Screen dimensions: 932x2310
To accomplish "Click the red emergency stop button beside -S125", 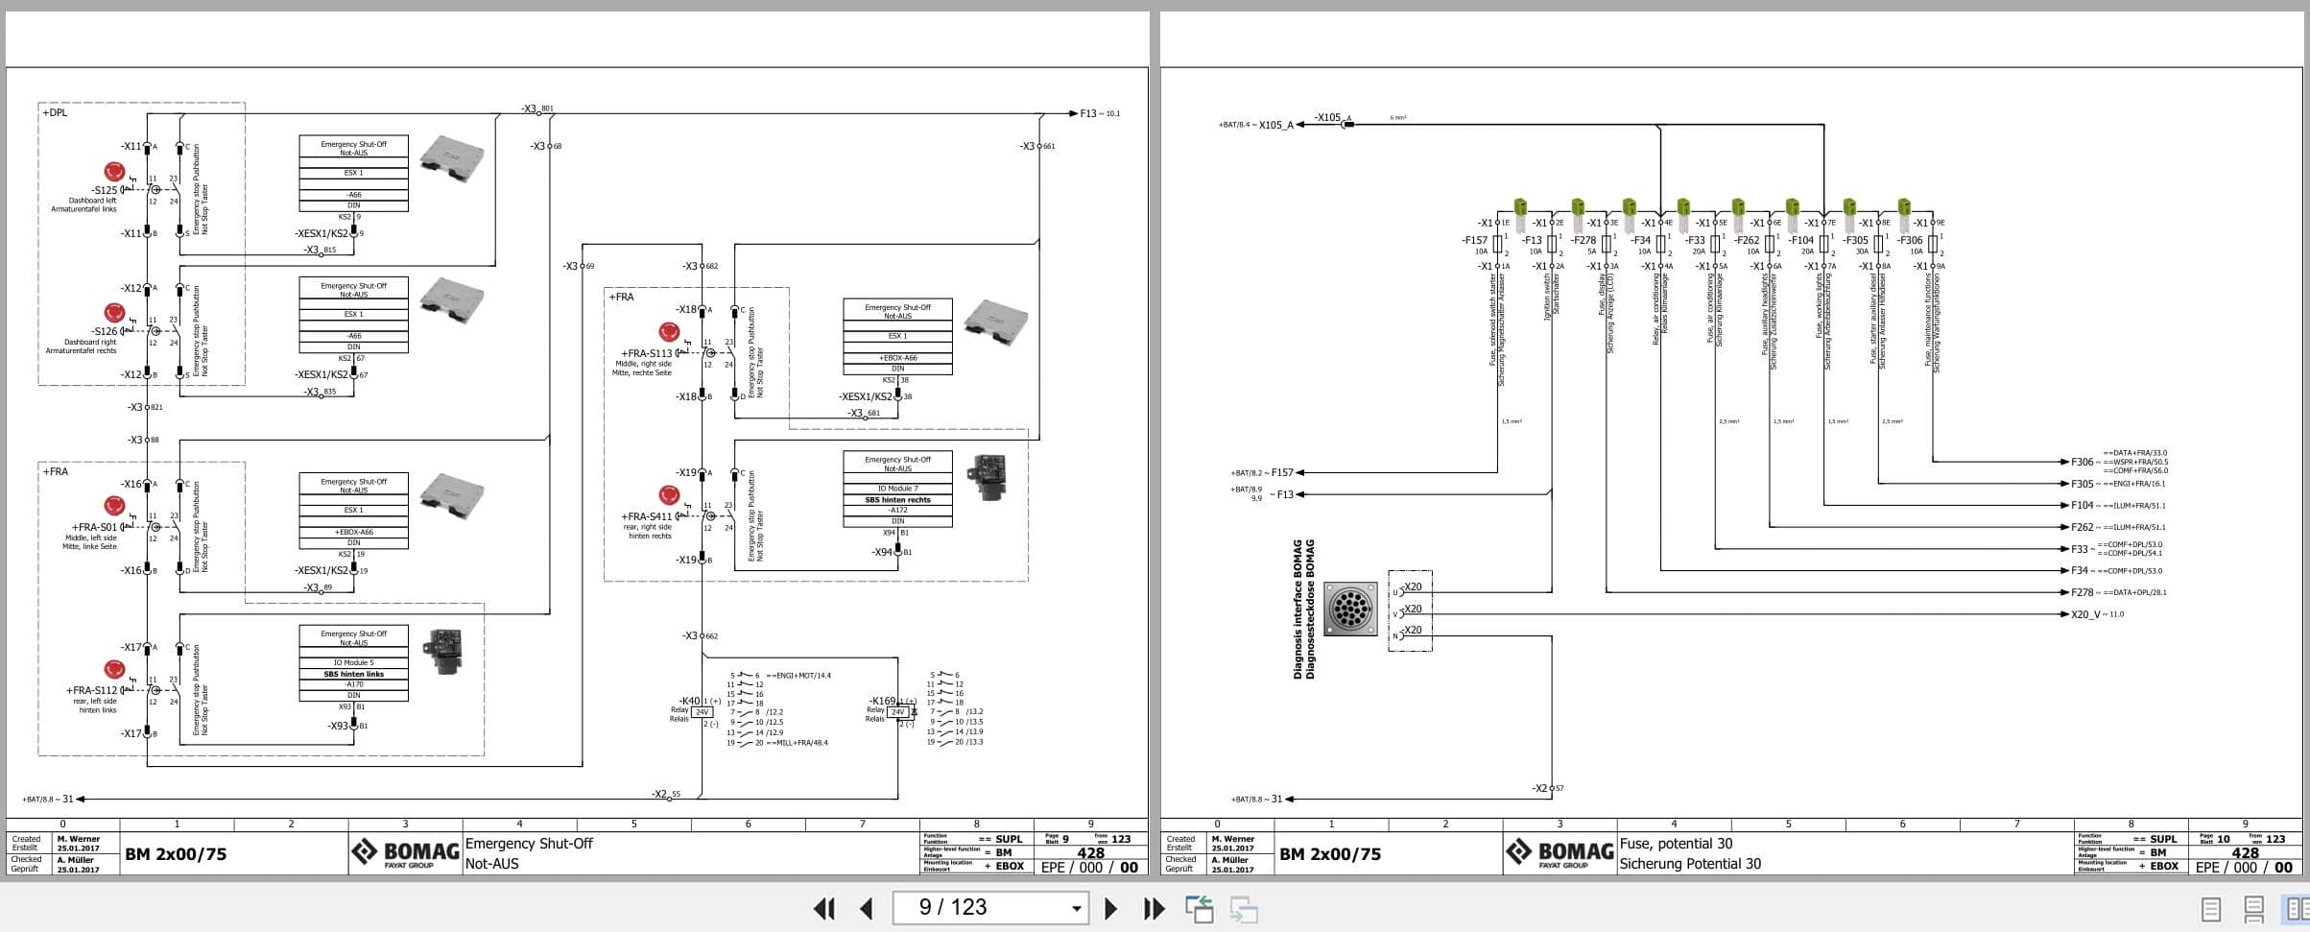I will [114, 172].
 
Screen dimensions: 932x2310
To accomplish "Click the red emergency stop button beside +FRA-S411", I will [669, 495].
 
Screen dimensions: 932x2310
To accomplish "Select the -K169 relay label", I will [881, 701].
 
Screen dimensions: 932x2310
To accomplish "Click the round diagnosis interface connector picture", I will [1350, 609].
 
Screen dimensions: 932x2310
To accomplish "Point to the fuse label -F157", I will [1474, 240].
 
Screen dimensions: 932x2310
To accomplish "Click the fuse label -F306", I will [1910, 240].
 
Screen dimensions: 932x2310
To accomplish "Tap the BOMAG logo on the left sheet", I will [405, 851].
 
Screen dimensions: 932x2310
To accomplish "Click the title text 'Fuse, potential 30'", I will [1676, 844].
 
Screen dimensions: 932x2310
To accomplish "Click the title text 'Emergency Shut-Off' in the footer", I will [529, 844].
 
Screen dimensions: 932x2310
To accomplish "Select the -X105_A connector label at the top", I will [1274, 125].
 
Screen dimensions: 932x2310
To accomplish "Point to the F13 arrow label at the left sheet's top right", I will [1088, 113].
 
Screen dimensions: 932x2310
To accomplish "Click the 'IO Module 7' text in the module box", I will [897, 489].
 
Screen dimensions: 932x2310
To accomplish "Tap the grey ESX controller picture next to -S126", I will [451, 299].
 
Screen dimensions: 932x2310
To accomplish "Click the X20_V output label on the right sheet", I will [2084, 614].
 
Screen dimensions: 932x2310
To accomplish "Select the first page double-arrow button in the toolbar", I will [823, 908].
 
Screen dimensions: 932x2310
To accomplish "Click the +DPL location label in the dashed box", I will [55, 112].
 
